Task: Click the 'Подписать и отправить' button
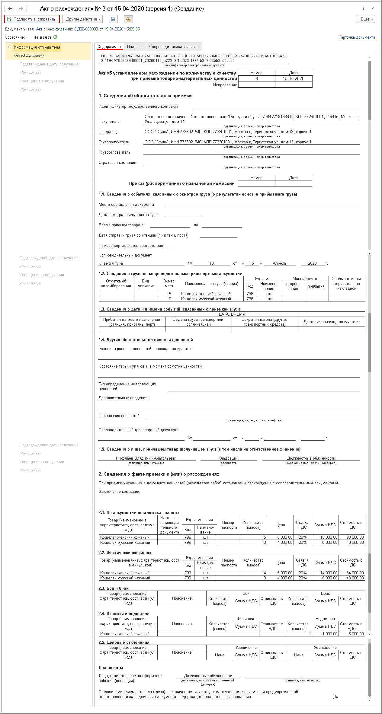click(32, 19)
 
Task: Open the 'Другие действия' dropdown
click(82, 19)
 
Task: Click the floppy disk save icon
click(113, 19)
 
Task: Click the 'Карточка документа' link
click(356, 37)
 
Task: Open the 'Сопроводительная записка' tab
click(174, 47)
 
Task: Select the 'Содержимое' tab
click(109, 47)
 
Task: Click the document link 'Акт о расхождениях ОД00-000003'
click(88, 29)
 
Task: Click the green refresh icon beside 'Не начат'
click(55, 37)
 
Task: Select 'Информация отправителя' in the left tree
click(37, 47)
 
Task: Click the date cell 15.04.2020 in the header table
click(293, 78)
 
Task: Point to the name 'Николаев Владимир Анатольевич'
click(146, 458)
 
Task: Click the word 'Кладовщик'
click(229, 458)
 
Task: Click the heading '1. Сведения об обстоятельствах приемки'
click(145, 96)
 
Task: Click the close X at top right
click(373, 8)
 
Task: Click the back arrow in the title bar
click(10, 8)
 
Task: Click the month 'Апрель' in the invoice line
click(279, 263)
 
